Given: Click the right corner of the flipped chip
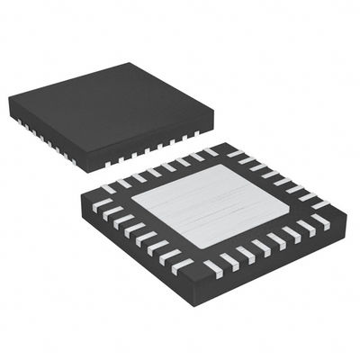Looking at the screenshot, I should click(x=343, y=217).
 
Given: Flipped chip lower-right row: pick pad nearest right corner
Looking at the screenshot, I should click(x=322, y=225).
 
